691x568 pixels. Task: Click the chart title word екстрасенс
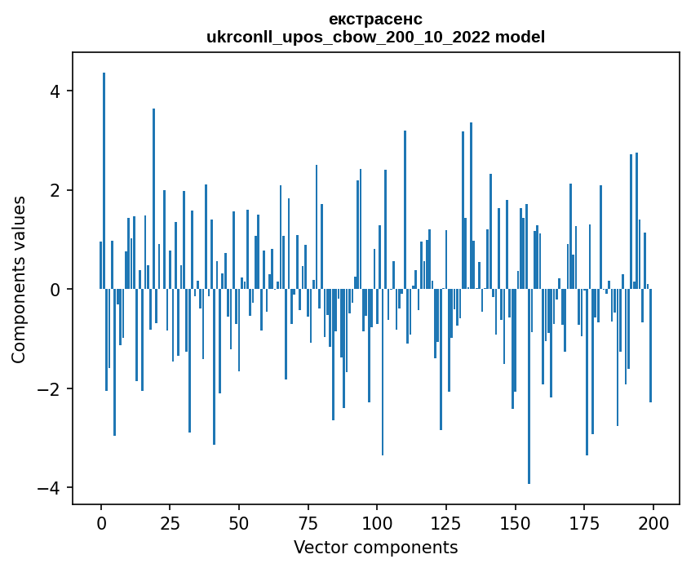pyautogui.click(x=375, y=19)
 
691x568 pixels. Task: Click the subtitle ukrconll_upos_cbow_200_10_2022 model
pyautogui.click(x=375, y=37)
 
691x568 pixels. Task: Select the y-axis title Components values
pyautogui.click(x=19, y=279)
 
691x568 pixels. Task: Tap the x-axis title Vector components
pyautogui.click(x=375, y=547)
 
